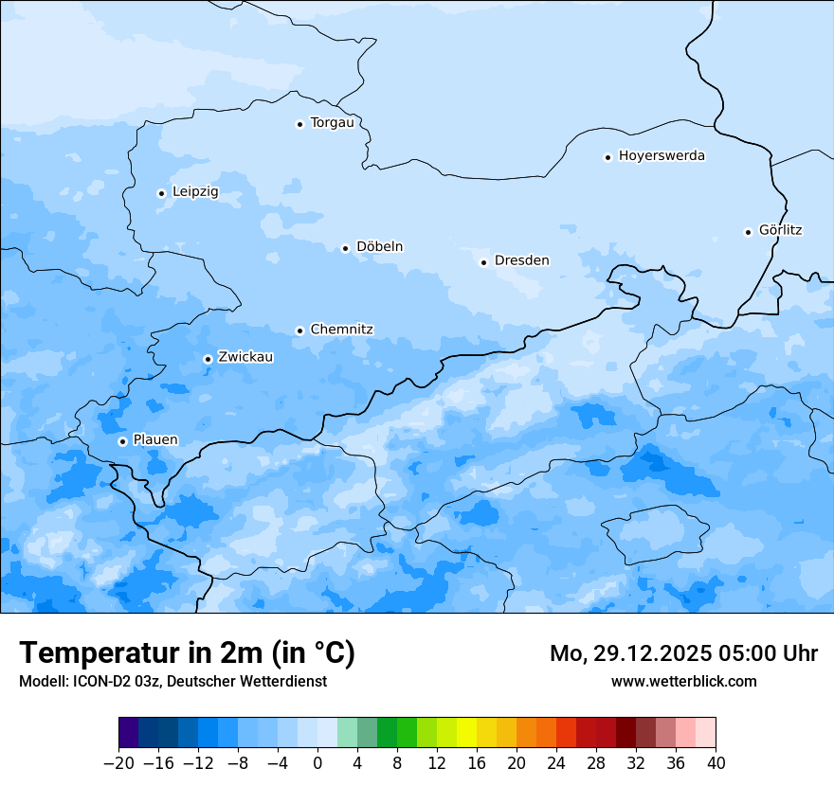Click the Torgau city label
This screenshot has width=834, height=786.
pyautogui.click(x=332, y=123)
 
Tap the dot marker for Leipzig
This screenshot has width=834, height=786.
pyautogui.click(x=161, y=193)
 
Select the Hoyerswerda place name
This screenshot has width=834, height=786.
pyautogui.click(x=662, y=156)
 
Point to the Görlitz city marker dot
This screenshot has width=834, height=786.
pyautogui.click(x=748, y=232)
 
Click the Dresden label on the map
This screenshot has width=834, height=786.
pyautogui.click(x=521, y=261)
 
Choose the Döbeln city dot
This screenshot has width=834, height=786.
pyautogui.click(x=345, y=248)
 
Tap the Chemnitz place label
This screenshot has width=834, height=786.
pyautogui.click(x=341, y=330)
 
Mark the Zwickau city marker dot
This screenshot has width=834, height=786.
pyautogui.click(x=208, y=359)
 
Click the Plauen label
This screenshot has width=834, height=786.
pyautogui.click(x=154, y=440)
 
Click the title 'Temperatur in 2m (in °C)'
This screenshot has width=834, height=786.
pyautogui.click(x=187, y=653)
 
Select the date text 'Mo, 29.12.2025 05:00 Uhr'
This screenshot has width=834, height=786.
pyautogui.click(x=683, y=653)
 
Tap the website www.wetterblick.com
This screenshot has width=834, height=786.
pyautogui.click(x=683, y=681)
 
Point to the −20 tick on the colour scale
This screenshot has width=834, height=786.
pyautogui.click(x=118, y=763)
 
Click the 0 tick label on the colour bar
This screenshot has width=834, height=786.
pyautogui.click(x=317, y=763)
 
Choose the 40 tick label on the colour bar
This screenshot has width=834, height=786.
pyautogui.click(x=716, y=763)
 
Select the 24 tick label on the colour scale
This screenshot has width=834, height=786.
pyautogui.click(x=556, y=763)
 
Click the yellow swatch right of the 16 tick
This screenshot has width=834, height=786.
pyautogui.click(x=487, y=733)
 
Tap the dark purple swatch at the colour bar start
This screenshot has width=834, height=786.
pyautogui.click(x=129, y=733)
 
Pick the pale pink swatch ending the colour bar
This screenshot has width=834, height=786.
pyautogui.click(x=705, y=733)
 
